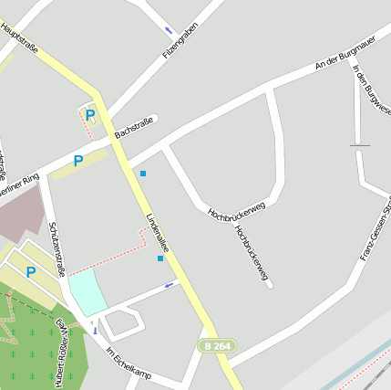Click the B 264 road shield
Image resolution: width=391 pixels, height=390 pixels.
click(218, 346)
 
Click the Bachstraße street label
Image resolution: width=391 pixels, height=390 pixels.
click(133, 126)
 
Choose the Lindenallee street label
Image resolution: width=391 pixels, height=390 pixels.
click(159, 234)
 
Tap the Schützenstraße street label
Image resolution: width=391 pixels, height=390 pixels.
click(57, 248)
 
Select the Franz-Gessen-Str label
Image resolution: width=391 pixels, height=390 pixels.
click(375, 227)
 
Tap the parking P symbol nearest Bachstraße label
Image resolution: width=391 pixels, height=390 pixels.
click(90, 115)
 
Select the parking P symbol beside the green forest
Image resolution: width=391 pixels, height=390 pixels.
click(31, 272)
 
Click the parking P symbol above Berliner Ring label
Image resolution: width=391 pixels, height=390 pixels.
click(78, 162)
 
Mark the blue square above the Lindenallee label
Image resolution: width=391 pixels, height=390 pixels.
click(143, 173)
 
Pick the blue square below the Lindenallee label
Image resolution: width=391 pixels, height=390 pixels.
click(160, 258)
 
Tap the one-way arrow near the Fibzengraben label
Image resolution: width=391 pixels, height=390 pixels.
click(169, 30)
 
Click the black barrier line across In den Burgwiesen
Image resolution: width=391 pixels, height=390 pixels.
click(360, 145)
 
